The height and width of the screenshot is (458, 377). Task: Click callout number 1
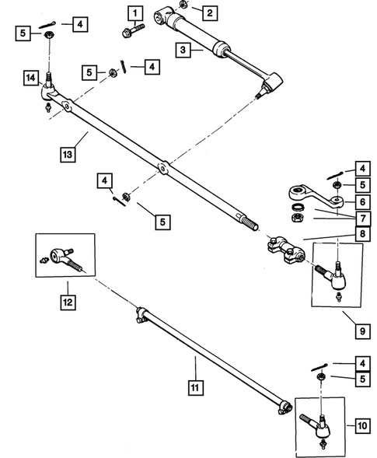click(x=136, y=12)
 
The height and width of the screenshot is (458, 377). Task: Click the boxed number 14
click(x=30, y=78)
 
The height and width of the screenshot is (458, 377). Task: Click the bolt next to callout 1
click(x=131, y=32)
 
